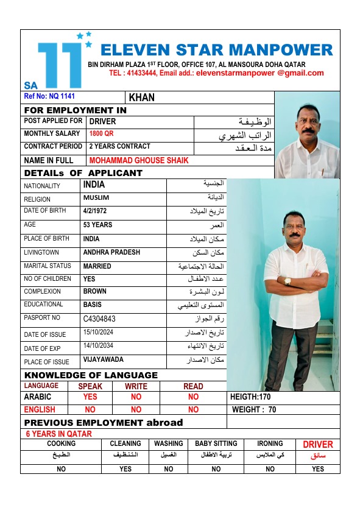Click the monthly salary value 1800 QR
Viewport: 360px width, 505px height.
click(x=101, y=134)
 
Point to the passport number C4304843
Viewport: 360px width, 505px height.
click(x=99, y=319)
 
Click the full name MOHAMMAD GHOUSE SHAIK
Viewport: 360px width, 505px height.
click(x=139, y=161)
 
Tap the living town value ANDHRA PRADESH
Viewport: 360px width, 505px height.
click(x=111, y=252)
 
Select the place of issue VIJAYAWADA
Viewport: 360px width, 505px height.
click(x=104, y=361)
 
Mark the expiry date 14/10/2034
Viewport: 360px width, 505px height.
click(x=100, y=346)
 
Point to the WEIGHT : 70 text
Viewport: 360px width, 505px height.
click(x=254, y=410)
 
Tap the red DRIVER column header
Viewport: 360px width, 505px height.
click(x=318, y=445)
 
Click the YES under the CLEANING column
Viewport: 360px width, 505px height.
click(x=125, y=469)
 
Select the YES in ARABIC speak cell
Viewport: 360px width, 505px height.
click(x=90, y=397)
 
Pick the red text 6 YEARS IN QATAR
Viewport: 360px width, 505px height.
click(x=58, y=434)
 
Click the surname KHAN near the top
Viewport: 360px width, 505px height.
click(x=142, y=97)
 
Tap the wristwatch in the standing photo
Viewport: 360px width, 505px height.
click(x=288, y=281)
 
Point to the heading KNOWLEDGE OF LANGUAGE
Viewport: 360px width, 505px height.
click(x=91, y=375)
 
